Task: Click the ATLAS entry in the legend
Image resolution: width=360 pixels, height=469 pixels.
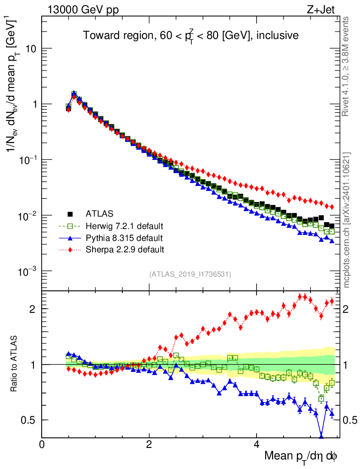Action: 98,213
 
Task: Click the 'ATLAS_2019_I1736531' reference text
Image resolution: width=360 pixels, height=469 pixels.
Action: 190,274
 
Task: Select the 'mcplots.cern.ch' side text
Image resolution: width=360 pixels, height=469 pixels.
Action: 347,220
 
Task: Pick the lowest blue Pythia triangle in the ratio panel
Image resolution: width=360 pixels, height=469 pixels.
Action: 321,436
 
